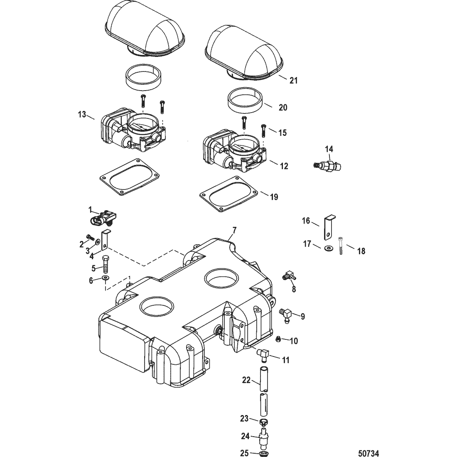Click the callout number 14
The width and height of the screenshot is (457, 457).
tap(329, 149)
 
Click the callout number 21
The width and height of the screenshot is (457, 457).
tap(293, 81)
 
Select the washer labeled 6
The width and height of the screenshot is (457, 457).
tap(106, 278)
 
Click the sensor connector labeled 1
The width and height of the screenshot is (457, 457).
tap(104, 217)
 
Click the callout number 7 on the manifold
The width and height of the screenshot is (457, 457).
tap(234, 230)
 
